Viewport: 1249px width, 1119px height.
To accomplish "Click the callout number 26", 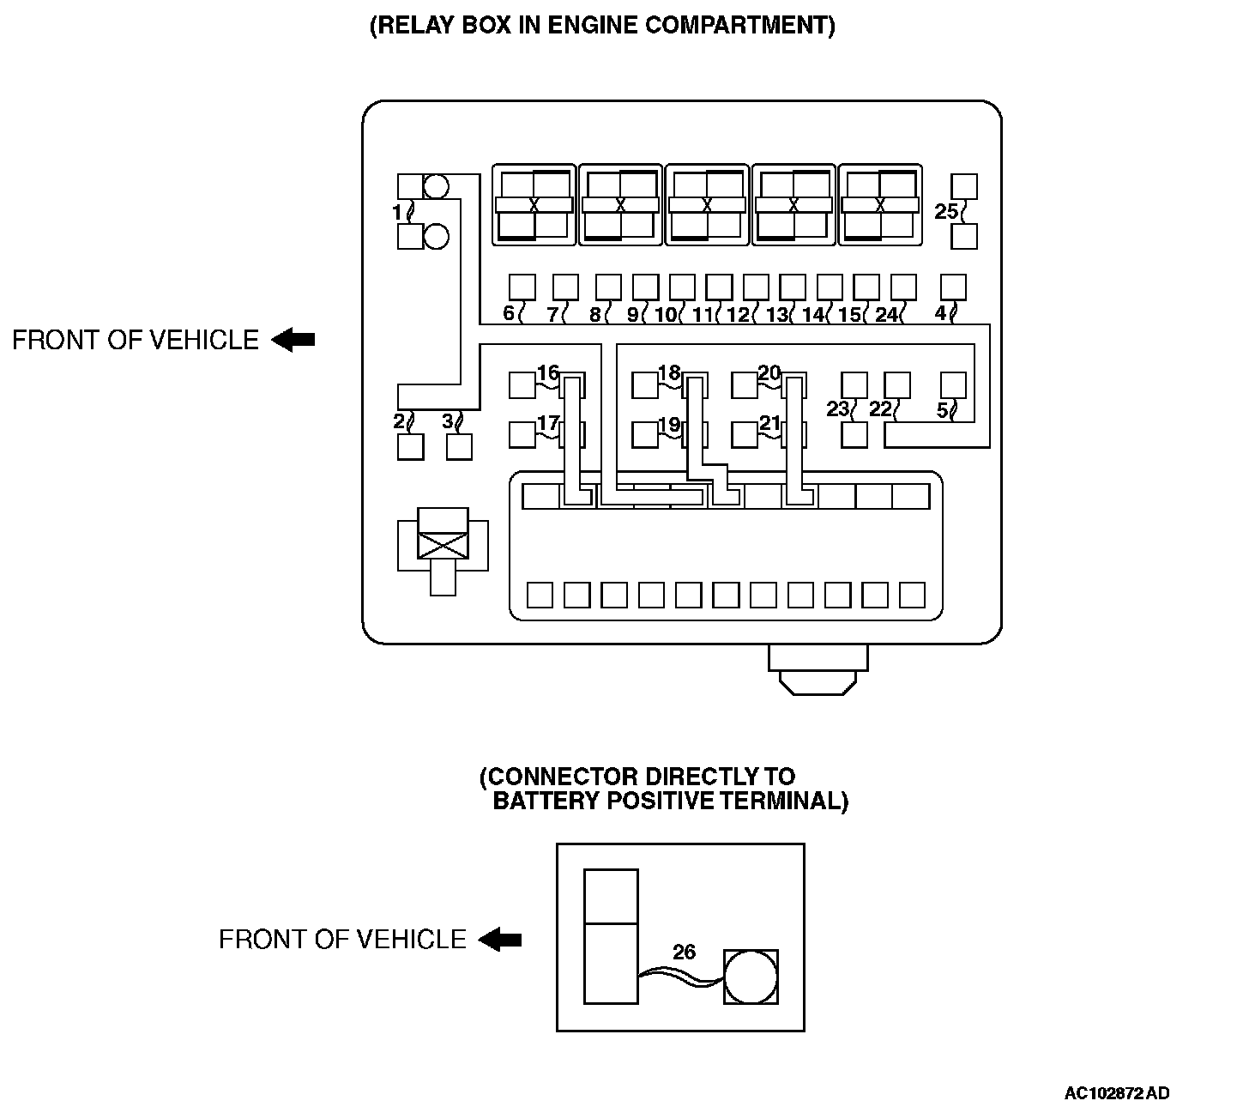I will tap(684, 952).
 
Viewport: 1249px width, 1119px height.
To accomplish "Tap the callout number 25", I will tap(945, 211).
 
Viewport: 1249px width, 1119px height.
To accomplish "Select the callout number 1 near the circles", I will tap(396, 211).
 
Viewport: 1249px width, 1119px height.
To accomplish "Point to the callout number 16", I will tap(547, 372).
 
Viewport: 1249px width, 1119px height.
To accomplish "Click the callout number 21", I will tap(769, 423).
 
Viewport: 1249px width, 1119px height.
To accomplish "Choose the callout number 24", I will tap(885, 315).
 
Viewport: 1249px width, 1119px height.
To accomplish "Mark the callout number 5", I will tap(942, 410).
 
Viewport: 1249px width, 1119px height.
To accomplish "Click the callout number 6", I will tap(509, 313).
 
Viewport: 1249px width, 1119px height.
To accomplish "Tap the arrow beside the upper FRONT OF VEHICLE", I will tap(293, 341).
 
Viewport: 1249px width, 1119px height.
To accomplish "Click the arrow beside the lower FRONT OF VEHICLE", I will tap(500, 940).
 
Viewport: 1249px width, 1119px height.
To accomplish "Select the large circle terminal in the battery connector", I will tap(751, 977).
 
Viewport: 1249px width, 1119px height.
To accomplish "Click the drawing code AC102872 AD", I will tap(1116, 1093).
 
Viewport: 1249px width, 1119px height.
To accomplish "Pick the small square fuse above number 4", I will tap(953, 287).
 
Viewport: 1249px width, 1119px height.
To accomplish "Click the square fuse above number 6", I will tap(522, 287).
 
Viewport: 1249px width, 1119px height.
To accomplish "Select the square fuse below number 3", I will tap(460, 446).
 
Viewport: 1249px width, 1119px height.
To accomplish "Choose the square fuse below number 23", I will tap(854, 435).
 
